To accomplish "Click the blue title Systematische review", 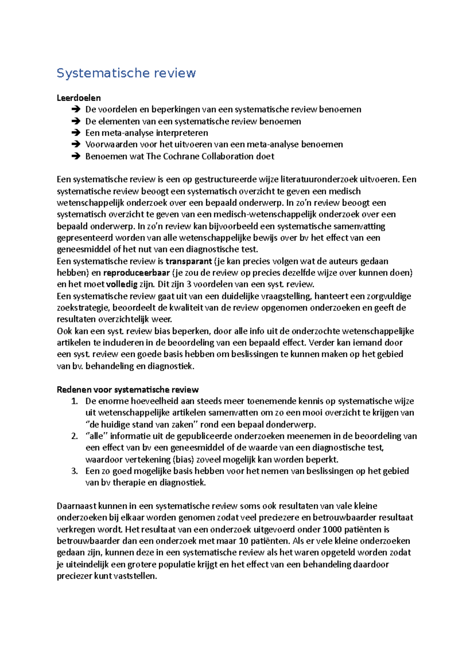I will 126,73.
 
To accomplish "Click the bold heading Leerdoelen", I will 79,98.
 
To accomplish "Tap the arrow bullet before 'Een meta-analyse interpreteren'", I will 75,133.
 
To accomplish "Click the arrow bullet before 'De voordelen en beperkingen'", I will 75,110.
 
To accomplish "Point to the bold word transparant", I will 188,261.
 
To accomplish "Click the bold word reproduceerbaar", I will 136,273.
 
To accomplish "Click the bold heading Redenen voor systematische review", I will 128,390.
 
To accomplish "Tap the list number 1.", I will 75,401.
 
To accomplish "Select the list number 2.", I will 75,436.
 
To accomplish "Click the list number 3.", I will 75,471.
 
